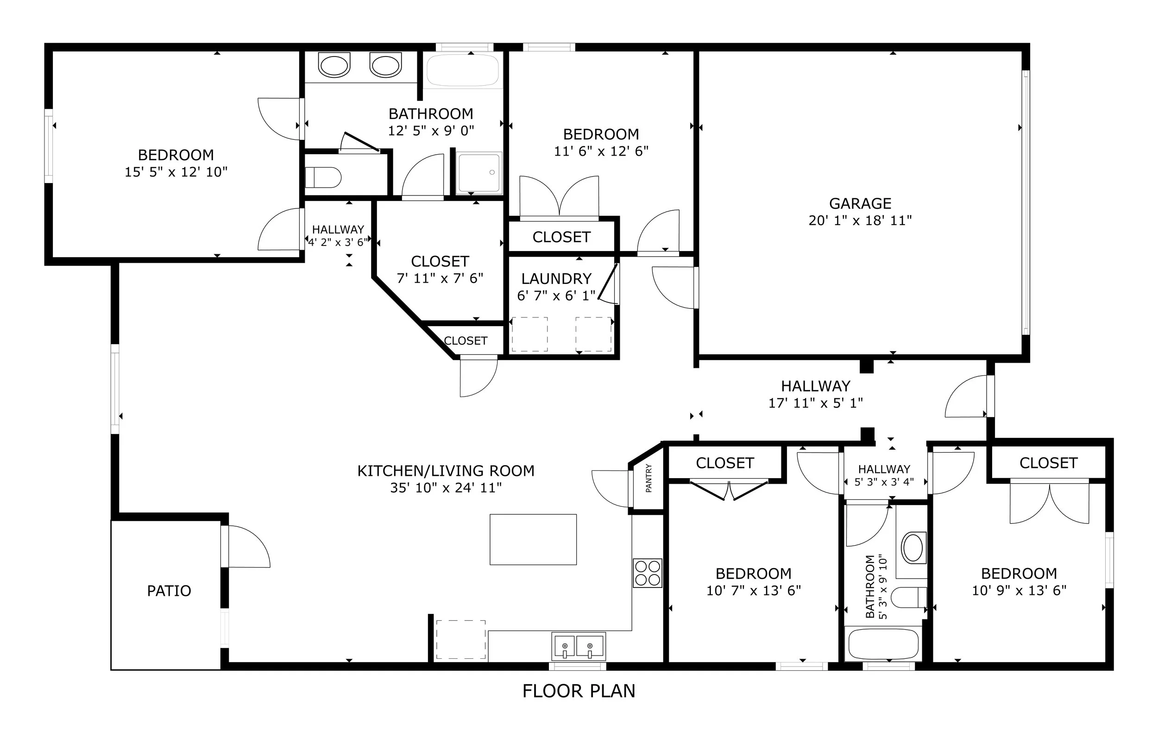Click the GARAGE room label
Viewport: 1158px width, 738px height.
[x=860, y=203]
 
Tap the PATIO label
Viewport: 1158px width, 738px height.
[x=169, y=590]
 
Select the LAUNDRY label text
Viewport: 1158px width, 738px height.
[x=556, y=278]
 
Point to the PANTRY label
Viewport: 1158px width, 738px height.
[x=649, y=478]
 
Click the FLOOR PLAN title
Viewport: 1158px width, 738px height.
[x=579, y=691]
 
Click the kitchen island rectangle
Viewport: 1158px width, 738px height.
[x=533, y=539]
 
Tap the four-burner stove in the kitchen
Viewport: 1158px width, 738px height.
[x=647, y=573]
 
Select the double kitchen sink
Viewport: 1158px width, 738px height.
[x=579, y=646]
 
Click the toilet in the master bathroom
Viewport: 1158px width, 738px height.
[x=323, y=177]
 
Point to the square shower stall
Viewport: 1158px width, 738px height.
[x=479, y=173]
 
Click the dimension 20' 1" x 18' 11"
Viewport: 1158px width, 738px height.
[x=860, y=221]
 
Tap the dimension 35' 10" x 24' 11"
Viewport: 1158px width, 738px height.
[x=446, y=488]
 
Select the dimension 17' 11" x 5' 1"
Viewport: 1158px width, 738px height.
[x=816, y=403]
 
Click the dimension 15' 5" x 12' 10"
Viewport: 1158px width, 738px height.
[x=176, y=172]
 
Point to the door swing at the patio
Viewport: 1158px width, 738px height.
[x=249, y=547]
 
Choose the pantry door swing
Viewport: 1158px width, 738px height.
[x=610, y=488]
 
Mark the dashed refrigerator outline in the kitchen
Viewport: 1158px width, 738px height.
[x=461, y=639]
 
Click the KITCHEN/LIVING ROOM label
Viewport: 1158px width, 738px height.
[x=446, y=471]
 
